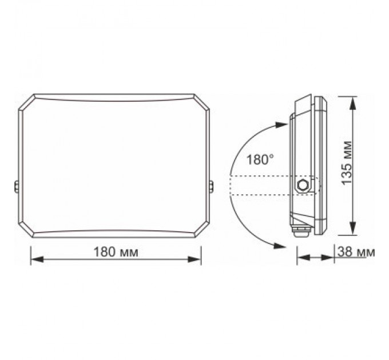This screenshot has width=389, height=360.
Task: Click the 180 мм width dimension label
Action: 117,251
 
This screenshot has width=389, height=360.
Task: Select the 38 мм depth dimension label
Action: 357,252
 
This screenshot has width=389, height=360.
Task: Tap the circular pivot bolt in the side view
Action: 301,185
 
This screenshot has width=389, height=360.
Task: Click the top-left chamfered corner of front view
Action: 26,102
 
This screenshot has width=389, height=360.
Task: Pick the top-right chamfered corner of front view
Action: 203,102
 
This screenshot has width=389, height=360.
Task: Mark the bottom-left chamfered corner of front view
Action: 26,230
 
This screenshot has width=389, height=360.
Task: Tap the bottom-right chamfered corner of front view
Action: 203,230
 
